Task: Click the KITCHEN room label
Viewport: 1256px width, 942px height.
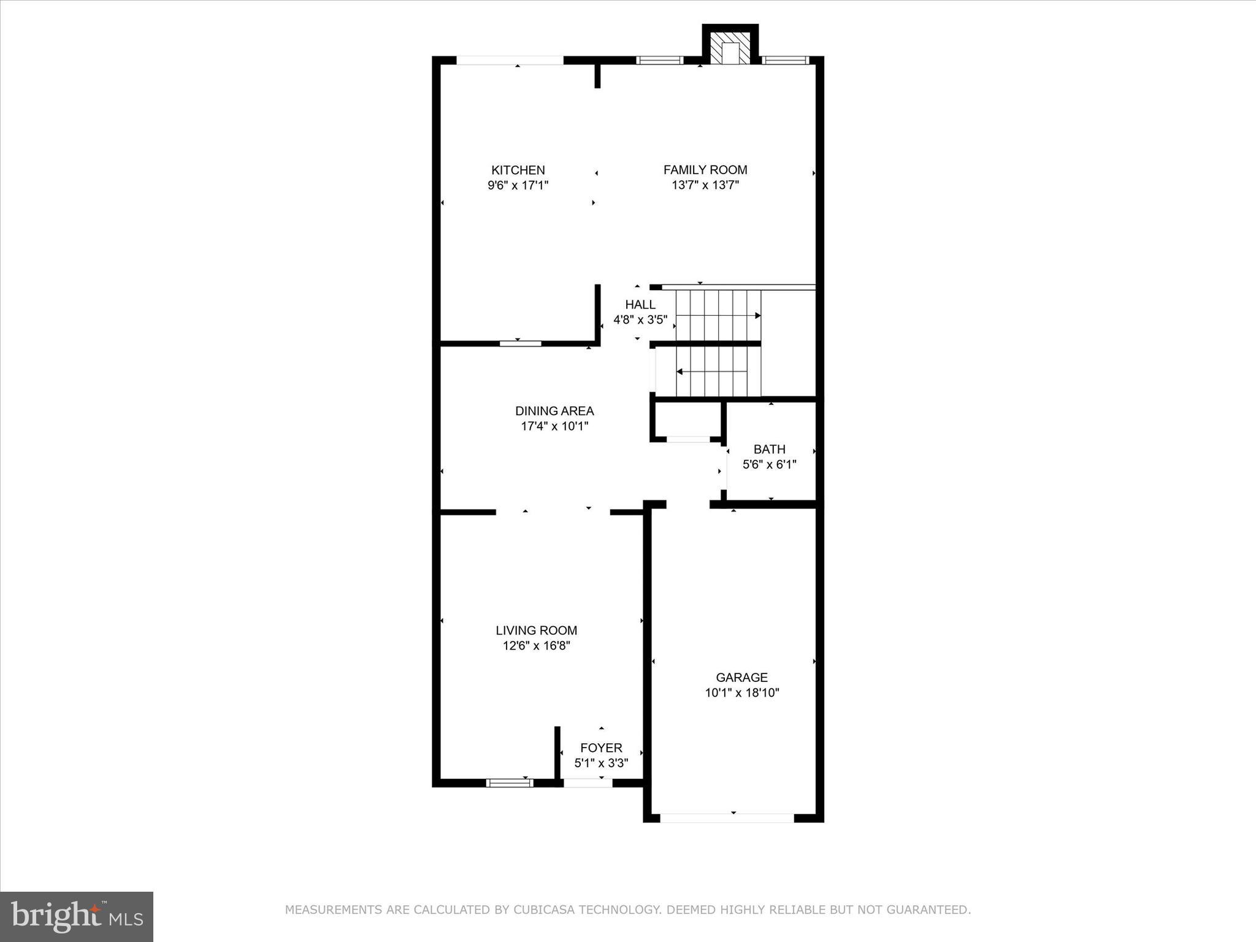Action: (518, 170)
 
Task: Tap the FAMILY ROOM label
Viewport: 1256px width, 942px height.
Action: (705, 170)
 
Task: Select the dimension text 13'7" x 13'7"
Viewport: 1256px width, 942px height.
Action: (705, 185)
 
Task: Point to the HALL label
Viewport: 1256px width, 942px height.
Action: (640, 305)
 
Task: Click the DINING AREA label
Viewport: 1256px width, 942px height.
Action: (554, 411)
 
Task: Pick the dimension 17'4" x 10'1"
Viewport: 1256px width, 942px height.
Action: (554, 426)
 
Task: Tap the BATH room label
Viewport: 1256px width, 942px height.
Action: (769, 450)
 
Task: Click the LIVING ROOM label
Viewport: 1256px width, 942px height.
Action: (536, 630)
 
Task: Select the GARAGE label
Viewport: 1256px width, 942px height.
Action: (741, 678)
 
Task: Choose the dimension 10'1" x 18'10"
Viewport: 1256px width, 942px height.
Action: (741, 693)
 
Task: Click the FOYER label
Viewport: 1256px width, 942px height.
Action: (601, 748)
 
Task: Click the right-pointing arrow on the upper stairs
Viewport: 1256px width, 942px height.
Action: (757, 316)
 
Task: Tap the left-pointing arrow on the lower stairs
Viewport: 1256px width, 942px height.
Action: (680, 372)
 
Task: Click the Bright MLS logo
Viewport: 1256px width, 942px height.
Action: (77, 916)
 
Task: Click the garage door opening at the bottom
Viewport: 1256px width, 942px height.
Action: (727, 818)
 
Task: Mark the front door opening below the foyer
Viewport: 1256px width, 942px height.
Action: (588, 783)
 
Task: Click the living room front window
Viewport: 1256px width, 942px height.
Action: (509, 783)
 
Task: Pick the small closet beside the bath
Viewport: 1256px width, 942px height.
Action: (688, 420)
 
